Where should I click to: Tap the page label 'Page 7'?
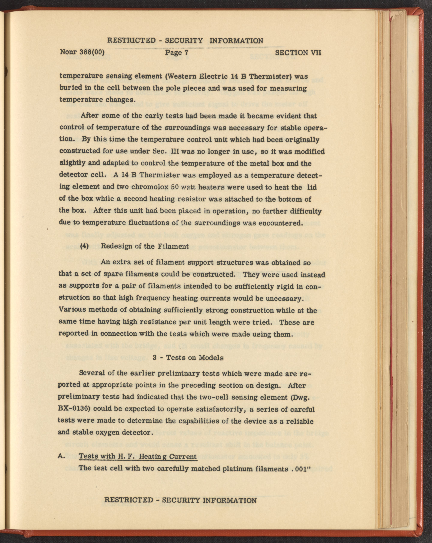[177, 53]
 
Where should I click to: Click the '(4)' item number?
[84, 246]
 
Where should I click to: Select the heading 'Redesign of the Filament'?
[145, 246]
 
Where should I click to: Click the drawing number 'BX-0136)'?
[74, 409]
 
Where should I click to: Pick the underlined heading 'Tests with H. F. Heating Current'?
[138, 457]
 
